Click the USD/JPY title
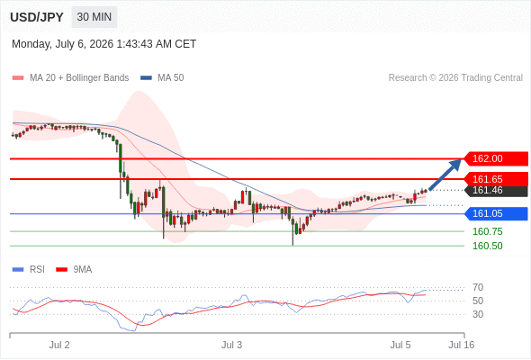coord(37,17)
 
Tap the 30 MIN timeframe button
coord(94,17)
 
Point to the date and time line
coord(104,44)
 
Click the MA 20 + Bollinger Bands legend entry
coord(70,78)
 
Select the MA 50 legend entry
coord(162,78)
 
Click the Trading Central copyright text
coord(455,78)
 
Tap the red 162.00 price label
coord(495,158)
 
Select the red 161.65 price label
coord(495,179)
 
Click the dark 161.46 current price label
coord(496,191)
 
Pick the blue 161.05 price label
coord(495,213)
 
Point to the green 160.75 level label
coord(487,231)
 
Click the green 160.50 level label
coord(487,246)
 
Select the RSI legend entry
coord(29,270)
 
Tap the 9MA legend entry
coord(74,270)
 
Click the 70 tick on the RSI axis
coord(478,287)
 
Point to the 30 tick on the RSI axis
coord(478,314)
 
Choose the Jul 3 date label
coord(231,345)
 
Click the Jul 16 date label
coord(461,345)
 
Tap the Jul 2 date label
coord(59,345)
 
